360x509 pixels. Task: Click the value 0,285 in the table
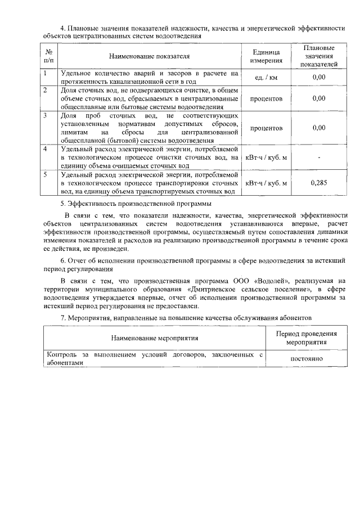tap(319, 183)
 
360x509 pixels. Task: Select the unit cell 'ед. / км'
tap(266, 78)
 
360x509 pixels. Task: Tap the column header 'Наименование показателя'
tap(150, 56)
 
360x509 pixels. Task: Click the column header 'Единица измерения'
tap(266, 56)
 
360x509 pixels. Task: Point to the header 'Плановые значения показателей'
tap(319, 56)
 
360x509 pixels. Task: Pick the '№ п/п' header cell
tap(49, 56)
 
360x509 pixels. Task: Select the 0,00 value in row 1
tap(319, 78)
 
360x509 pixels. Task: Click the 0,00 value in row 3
tap(319, 128)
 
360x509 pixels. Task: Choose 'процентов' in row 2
tap(266, 98)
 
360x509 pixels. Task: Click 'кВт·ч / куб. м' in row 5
tap(266, 183)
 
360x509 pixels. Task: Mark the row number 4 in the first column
tap(46, 149)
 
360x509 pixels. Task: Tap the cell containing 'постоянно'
tap(307, 358)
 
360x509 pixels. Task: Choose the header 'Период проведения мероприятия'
tap(307, 337)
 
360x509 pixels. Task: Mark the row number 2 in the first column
tap(46, 90)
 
